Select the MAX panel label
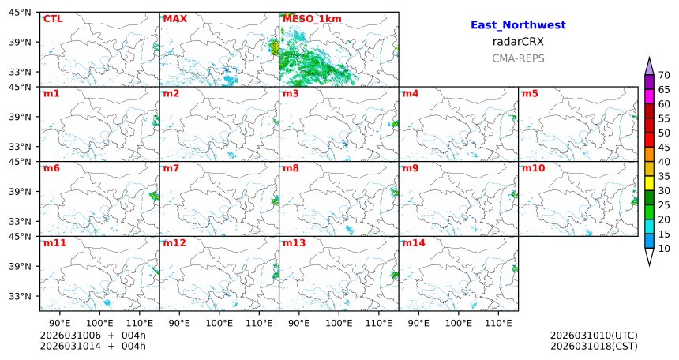point(174,19)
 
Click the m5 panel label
point(530,94)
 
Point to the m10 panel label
point(533,168)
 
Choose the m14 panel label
point(414,243)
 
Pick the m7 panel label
point(171,168)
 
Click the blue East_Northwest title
point(518,25)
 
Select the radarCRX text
point(518,42)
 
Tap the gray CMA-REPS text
point(518,58)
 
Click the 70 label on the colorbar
point(664,75)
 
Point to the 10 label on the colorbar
point(664,249)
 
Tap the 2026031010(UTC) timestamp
point(594,336)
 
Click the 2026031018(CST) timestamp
point(594,346)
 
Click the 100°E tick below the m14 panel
point(458,323)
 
